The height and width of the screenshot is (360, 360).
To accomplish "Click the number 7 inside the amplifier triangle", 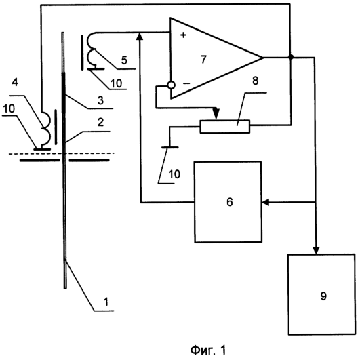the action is pyautogui.click(x=203, y=60).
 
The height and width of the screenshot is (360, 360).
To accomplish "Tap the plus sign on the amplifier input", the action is pyautogui.click(x=183, y=35).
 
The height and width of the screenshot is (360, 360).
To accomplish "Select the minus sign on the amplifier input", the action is pyautogui.click(x=186, y=83).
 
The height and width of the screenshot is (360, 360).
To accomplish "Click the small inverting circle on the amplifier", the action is pyautogui.click(x=171, y=85).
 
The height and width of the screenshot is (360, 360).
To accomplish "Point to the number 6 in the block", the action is pyautogui.click(x=230, y=202).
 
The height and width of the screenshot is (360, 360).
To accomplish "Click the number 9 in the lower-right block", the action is pyautogui.click(x=323, y=296).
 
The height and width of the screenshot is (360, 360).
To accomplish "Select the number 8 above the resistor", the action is pyautogui.click(x=255, y=81).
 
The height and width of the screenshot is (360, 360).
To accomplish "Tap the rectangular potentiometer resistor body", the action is pyautogui.click(x=225, y=126).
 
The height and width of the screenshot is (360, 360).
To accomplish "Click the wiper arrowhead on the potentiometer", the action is pyautogui.click(x=216, y=114).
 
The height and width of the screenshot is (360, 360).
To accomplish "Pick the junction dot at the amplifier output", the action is pyautogui.click(x=291, y=57).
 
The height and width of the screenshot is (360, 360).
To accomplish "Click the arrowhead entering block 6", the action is pyautogui.click(x=265, y=203).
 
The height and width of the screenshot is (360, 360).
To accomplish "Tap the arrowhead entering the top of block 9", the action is pyautogui.click(x=316, y=250).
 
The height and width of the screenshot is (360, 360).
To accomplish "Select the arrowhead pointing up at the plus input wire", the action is pyautogui.click(x=140, y=37).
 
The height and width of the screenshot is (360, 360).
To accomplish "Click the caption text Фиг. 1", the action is pyautogui.click(x=208, y=351).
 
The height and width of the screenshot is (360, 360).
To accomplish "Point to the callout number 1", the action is pyautogui.click(x=106, y=302).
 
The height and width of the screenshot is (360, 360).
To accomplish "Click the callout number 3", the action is pyautogui.click(x=100, y=100).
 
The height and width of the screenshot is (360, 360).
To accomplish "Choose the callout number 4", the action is pyautogui.click(x=15, y=82).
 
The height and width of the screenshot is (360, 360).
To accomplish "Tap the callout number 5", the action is pyautogui.click(x=124, y=60).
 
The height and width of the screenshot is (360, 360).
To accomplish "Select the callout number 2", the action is pyautogui.click(x=100, y=122).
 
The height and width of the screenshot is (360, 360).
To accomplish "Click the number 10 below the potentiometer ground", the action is pyautogui.click(x=174, y=174).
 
